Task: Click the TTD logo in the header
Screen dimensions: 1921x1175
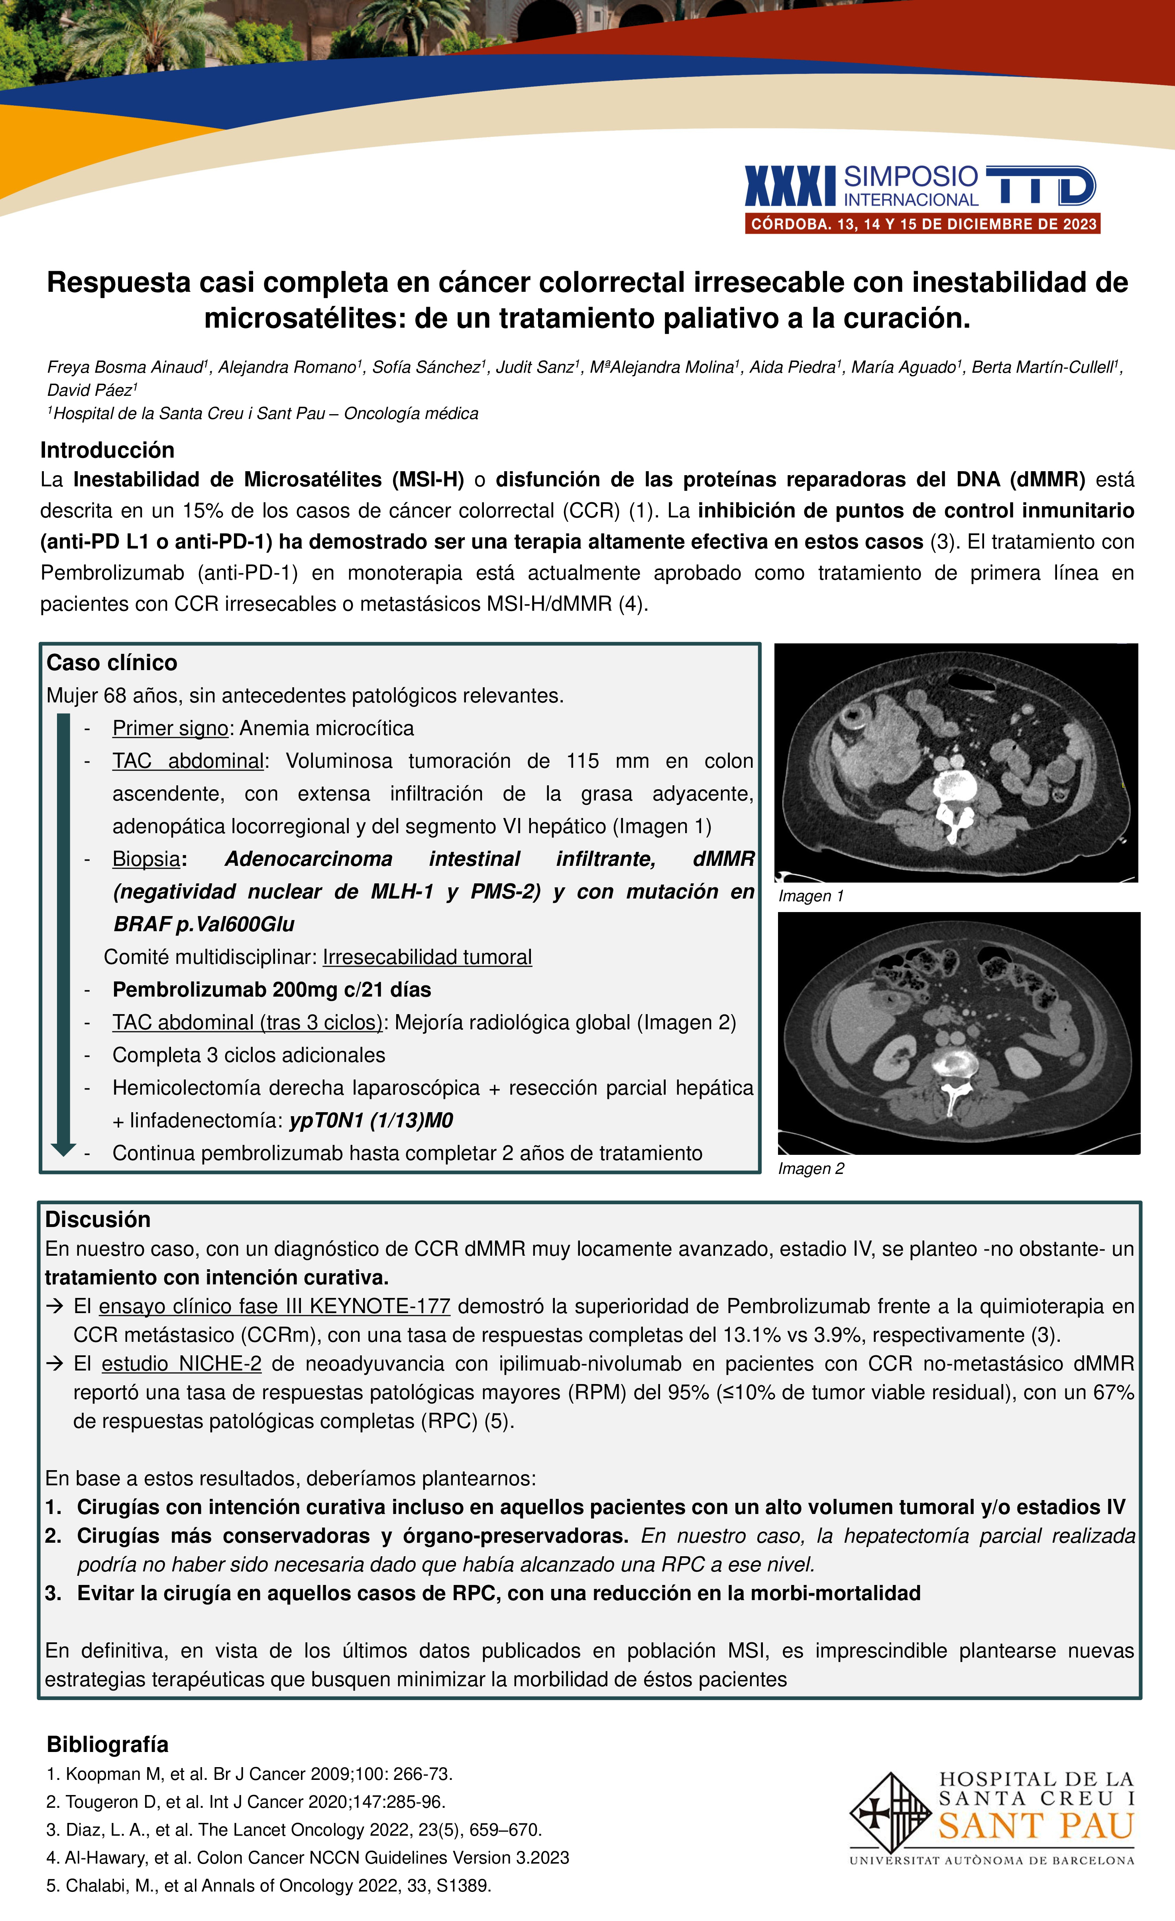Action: click(1041, 185)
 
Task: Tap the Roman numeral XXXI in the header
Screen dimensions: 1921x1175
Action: click(790, 185)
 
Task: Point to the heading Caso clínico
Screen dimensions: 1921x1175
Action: click(112, 663)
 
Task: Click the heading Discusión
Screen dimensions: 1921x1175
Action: click(98, 1219)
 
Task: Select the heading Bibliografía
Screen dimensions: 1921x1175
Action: click(108, 1744)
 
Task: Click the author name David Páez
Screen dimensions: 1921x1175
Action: click(91, 390)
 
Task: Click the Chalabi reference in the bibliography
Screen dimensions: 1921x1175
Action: click(268, 1886)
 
